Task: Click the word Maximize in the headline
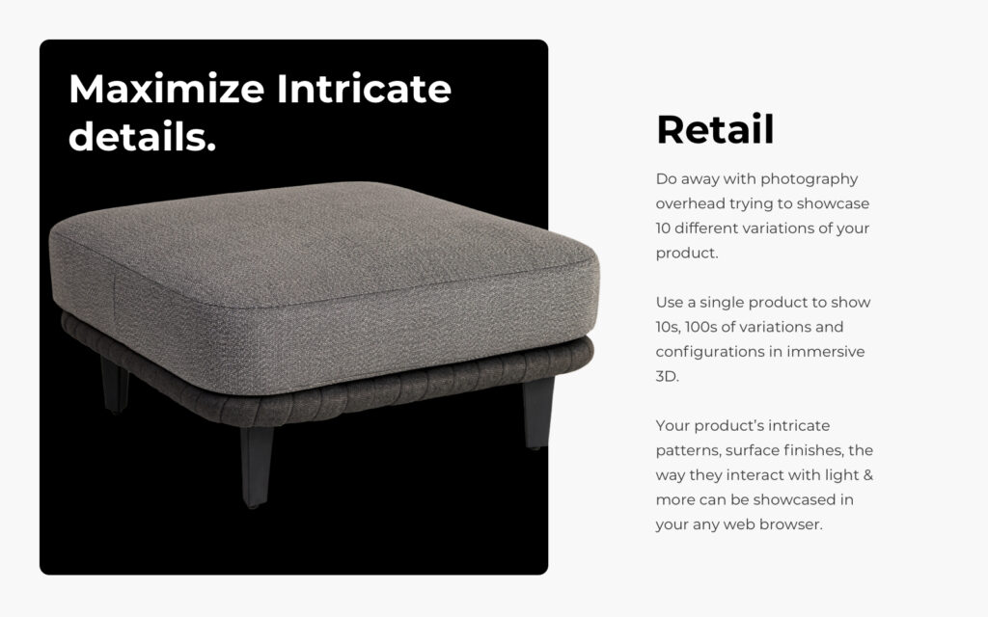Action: (x=166, y=90)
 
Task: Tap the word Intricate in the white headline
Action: (x=364, y=90)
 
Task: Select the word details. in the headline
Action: (x=142, y=137)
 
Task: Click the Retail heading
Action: (x=715, y=129)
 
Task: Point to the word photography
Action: (x=809, y=179)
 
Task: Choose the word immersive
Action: (x=825, y=352)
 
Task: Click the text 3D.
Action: (x=668, y=376)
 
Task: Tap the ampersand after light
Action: (x=868, y=475)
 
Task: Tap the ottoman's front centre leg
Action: (x=257, y=467)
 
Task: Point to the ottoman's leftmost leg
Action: (x=115, y=383)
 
